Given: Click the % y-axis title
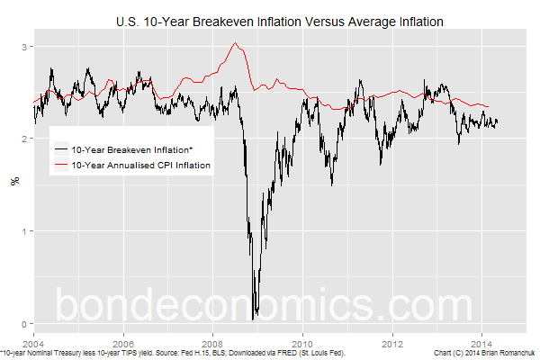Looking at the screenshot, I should coord(13,181).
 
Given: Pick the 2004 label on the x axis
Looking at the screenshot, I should coord(32,343).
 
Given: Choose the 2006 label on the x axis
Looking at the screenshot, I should coord(122,343).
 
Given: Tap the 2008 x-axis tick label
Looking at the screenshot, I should coord(212,343).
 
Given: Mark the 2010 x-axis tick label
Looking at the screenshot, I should coord(302,343).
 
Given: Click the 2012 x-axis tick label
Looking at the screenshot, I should coord(392,343).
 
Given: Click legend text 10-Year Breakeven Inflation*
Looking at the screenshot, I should coord(135,148).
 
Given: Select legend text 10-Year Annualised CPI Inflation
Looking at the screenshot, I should coord(140,165).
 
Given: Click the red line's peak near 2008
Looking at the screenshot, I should coord(235,43).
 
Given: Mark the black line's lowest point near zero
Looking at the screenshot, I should coord(254,319).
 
